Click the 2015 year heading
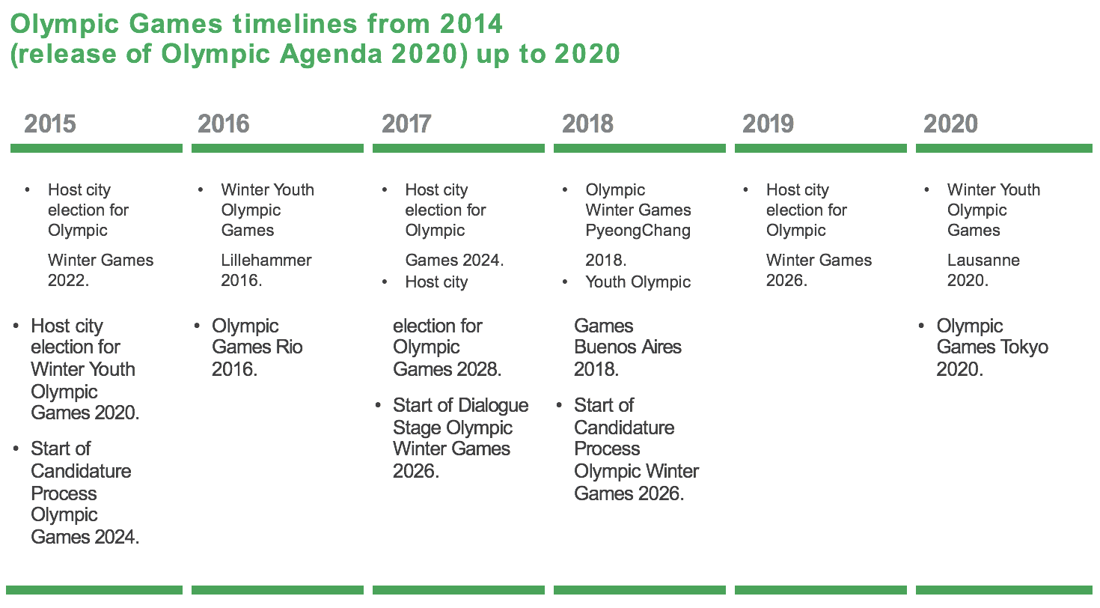pos(50,124)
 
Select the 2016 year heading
pos(224,124)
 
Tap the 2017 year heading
pos(406,124)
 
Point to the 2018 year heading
pos(588,124)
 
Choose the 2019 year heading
pos(768,124)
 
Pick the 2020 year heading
pos(950,124)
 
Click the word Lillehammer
pos(266,260)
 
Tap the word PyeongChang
pos(638,231)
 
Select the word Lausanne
pos(983,260)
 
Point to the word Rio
pos(289,347)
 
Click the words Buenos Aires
pos(628,347)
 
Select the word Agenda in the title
pos(331,54)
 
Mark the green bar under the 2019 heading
pos(821,148)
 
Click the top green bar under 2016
pos(278,148)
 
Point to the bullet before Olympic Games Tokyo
pos(920,326)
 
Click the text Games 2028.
pos(447,369)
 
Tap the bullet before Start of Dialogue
pos(378,405)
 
